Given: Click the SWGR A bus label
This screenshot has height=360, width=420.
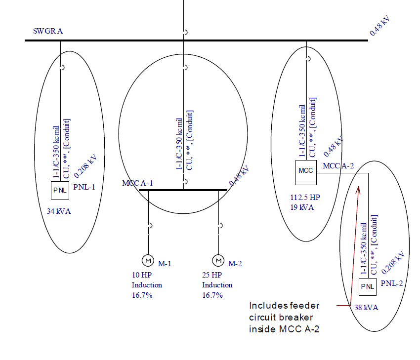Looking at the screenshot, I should pyautogui.click(x=48, y=31).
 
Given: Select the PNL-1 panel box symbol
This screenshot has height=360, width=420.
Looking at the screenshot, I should pyautogui.click(x=61, y=190).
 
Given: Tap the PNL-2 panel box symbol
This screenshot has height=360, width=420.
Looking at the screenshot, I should pyautogui.click(x=367, y=286).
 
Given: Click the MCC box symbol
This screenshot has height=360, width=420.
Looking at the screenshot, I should pyautogui.click(x=306, y=170).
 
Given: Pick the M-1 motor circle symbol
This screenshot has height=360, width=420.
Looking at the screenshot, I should pyautogui.click(x=147, y=260).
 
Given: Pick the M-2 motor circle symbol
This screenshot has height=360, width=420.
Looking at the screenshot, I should pyautogui.click(x=218, y=260).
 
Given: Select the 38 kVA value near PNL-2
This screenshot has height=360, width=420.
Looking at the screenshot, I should pyautogui.click(x=366, y=307).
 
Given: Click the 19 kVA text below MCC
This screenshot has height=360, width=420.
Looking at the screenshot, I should pyautogui.click(x=302, y=207).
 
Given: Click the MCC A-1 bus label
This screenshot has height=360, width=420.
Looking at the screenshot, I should pyautogui.click(x=137, y=183).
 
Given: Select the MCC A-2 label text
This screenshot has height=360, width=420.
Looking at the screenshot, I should pyautogui.click(x=338, y=166).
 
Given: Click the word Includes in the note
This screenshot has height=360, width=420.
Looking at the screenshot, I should pyautogui.click(x=266, y=306).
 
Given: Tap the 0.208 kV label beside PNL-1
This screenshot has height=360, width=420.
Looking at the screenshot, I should pyautogui.click(x=85, y=165).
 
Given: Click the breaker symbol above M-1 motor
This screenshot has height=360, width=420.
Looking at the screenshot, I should pyautogui.click(x=149, y=225).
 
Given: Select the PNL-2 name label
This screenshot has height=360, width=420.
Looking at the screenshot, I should pyautogui.click(x=391, y=284).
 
